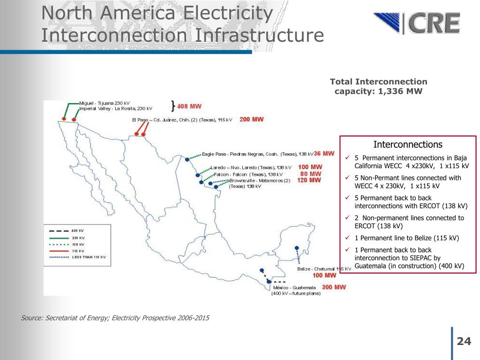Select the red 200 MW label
click(x=252, y=120)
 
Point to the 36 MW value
click(x=324, y=153)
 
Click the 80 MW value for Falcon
click(x=310, y=173)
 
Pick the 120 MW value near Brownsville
click(x=309, y=180)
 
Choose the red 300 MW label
click(x=334, y=287)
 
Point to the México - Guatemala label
click(x=294, y=287)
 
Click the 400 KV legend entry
click(x=78, y=231)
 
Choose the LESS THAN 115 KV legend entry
click(x=88, y=257)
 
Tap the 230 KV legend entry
click(x=78, y=238)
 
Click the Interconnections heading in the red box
click(x=407, y=144)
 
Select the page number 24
click(x=464, y=341)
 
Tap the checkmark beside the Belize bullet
click(x=347, y=238)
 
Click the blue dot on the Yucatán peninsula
click(x=296, y=247)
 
